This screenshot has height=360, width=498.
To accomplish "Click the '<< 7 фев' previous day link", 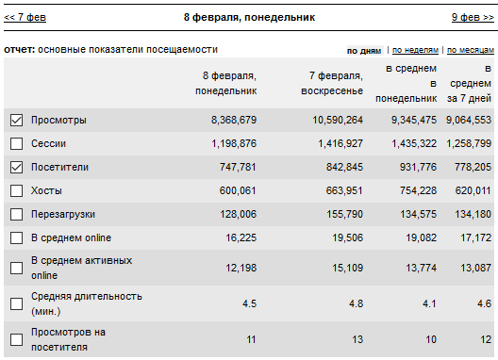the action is tap(25, 17).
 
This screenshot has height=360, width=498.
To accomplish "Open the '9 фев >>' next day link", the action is tap(473, 17).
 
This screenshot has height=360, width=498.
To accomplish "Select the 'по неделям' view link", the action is tap(415, 50).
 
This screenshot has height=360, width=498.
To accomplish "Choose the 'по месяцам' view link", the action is tap(471, 50).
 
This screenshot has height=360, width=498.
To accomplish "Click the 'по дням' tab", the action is tap(364, 51).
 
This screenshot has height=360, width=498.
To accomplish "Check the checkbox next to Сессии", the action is tap(17, 144).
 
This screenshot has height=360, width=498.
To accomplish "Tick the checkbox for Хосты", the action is tap(17, 190).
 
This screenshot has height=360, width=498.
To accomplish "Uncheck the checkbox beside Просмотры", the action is tap(17, 121).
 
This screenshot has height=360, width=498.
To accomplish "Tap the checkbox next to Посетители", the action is tap(17, 168).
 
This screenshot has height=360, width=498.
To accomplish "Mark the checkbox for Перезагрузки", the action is tap(17, 214).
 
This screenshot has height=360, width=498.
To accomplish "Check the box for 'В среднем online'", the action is tap(17, 237).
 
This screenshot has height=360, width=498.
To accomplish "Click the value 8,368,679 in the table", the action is tap(234, 120).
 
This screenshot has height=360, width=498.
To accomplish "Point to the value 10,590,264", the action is tap(338, 120).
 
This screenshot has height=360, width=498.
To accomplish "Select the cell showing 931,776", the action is tap(418, 167).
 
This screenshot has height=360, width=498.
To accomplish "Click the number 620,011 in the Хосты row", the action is tap(473, 190).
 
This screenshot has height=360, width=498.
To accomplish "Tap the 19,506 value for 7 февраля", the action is tap(347, 237).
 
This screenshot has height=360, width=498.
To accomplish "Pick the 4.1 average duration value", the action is tap(429, 303).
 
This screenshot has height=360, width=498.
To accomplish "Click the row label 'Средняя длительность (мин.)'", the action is tap(87, 303).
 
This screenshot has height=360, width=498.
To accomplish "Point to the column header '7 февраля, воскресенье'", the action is tap(332, 83).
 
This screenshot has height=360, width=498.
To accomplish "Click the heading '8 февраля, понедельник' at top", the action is tap(249, 17).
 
